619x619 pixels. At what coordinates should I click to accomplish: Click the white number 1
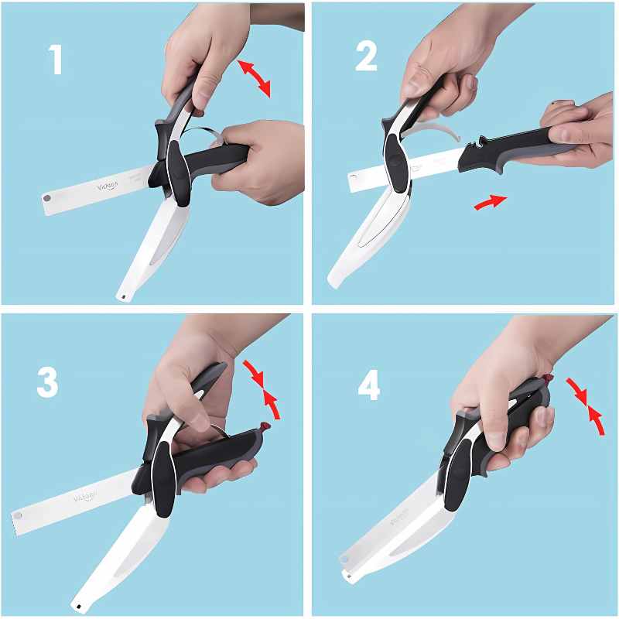(56, 60)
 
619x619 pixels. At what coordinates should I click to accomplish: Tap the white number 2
(366, 56)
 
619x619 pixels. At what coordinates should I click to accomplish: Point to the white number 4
(368, 385)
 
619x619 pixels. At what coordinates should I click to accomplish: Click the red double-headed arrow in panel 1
(254, 77)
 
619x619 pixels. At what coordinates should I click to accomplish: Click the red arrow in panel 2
(490, 202)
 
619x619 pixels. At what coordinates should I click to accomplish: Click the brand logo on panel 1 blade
(108, 186)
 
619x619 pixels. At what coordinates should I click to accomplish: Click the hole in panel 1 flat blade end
(48, 199)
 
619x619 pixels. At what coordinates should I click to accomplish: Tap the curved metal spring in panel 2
(433, 130)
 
